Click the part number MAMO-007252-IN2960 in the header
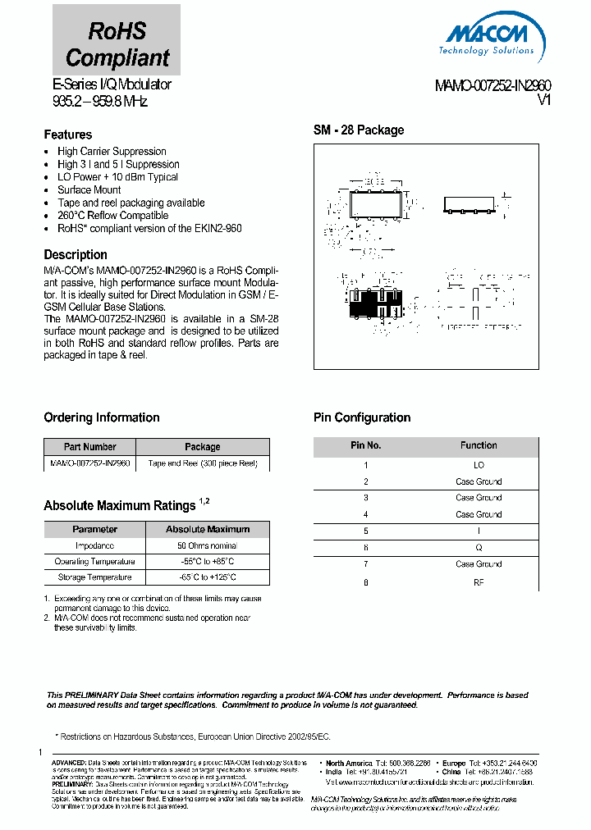(492, 85)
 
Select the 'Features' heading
(68, 135)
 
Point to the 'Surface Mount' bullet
(89, 189)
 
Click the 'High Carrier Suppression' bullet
(112, 151)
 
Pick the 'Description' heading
(76, 254)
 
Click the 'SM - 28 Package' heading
(359, 130)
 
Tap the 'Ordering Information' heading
(102, 417)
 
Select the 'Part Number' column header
(90, 447)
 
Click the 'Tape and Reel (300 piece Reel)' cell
(203, 463)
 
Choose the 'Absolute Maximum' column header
(208, 529)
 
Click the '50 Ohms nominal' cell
(208, 545)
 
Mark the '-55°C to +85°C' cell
(208, 562)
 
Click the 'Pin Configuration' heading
(362, 417)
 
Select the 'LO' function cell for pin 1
(479, 465)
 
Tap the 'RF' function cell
(479, 582)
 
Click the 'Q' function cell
(479, 547)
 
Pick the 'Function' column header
(479, 445)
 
